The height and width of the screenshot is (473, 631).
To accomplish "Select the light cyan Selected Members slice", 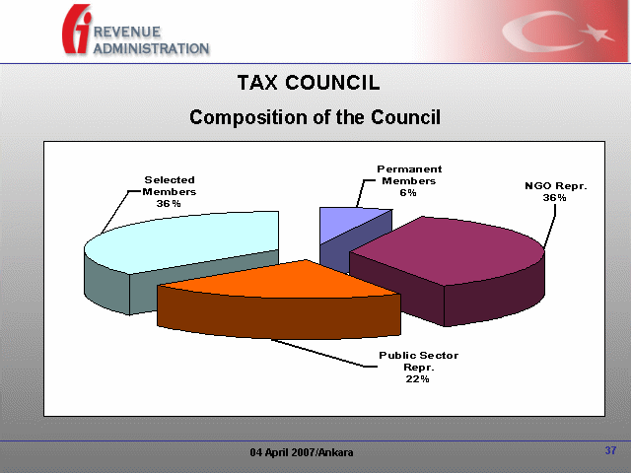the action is tap(181, 241).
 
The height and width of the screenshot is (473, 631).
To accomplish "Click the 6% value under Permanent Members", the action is tap(408, 193).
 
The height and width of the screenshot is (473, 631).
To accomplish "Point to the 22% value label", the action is tap(417, 378).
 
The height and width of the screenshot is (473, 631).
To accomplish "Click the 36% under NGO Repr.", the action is tap(554, 197).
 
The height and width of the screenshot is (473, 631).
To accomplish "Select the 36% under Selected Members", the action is tap(169, 204).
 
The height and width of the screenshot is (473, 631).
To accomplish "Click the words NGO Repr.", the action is tap(556, 186).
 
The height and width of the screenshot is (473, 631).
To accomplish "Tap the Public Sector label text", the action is tap(418, 356).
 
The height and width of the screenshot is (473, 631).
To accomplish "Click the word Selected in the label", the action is tap(170, 179).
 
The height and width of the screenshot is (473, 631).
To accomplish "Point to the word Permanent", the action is tap(409, 169).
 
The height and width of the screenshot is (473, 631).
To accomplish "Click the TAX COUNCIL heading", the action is tap(309, 83).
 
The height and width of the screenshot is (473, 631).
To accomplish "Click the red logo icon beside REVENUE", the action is tap(77, 29).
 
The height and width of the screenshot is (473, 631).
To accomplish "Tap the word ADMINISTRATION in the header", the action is tap(151, 48).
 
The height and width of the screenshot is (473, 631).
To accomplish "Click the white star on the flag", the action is tap(596, 33).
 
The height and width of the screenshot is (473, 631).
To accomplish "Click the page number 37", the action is tap(610, 450).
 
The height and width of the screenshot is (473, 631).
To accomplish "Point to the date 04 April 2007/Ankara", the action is tap(302, 452).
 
